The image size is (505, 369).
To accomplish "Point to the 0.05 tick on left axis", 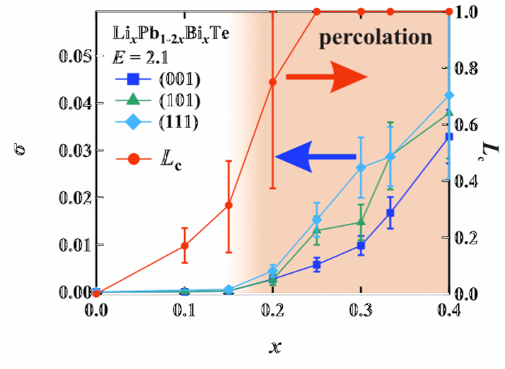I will click(x=74, y=57).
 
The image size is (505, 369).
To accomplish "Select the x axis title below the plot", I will click(x=275, y=346).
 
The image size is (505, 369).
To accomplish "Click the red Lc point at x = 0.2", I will click(x=273, y=82).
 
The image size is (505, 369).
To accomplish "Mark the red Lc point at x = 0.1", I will click(x=185, y=245).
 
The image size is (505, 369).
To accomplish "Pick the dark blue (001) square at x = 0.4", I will click(x=450, y=137).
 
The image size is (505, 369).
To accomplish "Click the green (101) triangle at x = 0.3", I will click(x=362, y=222).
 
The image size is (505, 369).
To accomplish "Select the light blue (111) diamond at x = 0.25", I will click(x=317, y=220).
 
